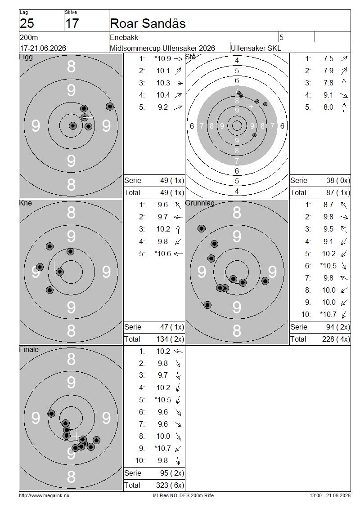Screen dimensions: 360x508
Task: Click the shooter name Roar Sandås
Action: pos(148,24)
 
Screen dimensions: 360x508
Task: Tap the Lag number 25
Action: pos(27,24)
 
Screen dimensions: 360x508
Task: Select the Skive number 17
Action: pos(72,24)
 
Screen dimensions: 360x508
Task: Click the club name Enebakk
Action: pos(124,38)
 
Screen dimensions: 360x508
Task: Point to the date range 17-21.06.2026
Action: pos(43,48)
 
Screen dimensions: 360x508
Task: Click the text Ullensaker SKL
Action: pos(256,48)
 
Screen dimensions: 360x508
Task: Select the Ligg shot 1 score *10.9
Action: pos(163,58)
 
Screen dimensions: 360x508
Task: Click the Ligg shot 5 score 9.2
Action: pos(163,107)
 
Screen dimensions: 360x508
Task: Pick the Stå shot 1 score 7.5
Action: pos(328,58)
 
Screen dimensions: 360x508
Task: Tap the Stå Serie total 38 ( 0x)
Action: pos(338,180)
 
